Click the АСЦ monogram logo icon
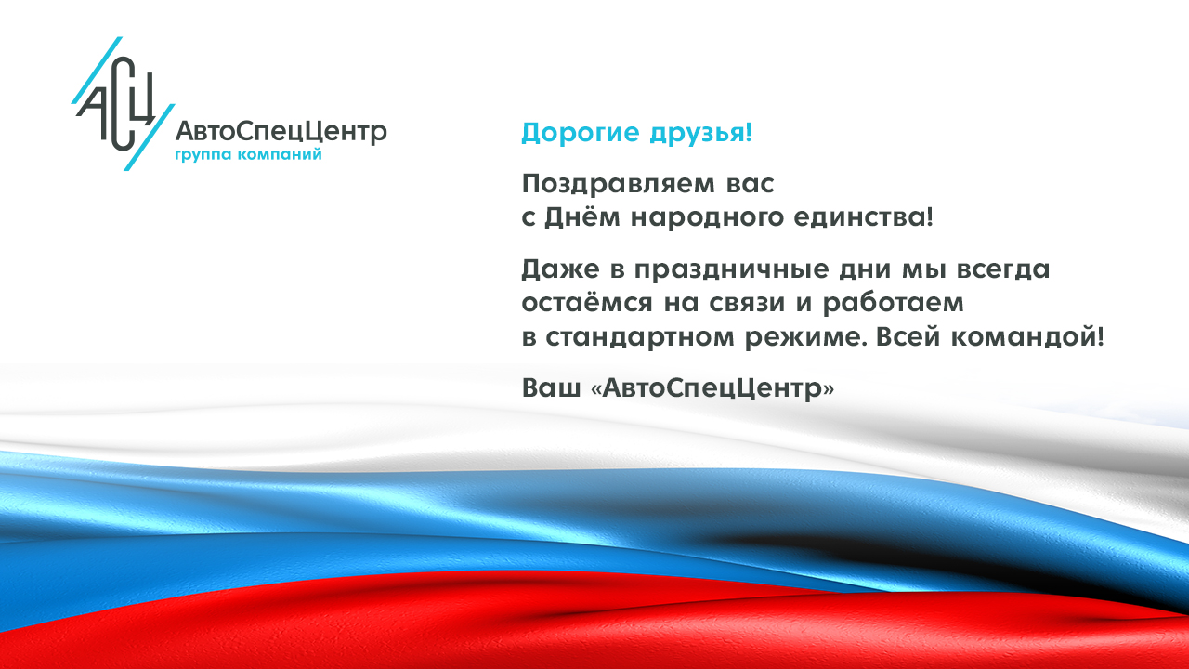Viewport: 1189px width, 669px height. [x=121, y=104]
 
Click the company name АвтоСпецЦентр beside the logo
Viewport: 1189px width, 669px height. [x=281, y=131]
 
